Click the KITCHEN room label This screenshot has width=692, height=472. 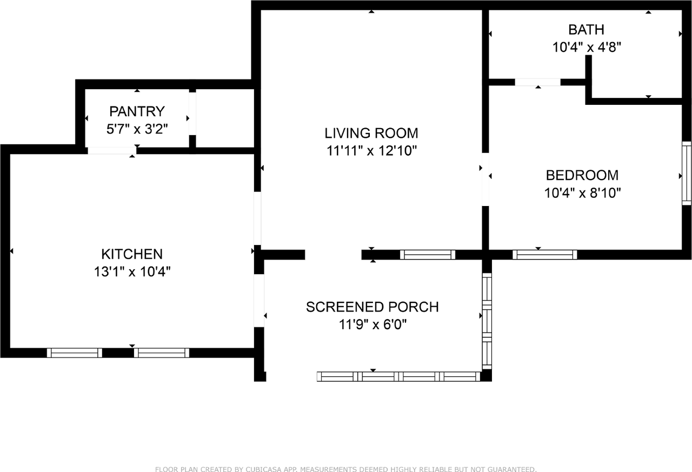132,254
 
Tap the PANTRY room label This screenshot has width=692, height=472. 137,111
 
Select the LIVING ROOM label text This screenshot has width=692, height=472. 371,133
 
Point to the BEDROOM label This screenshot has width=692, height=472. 582,175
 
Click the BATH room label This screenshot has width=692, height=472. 586,29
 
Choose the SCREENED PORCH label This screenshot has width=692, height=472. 372,307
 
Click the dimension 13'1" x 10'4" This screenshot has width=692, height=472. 132,271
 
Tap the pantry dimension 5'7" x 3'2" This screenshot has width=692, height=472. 137,129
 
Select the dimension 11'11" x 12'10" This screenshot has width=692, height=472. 371,151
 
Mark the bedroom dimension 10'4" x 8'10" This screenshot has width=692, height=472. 582,193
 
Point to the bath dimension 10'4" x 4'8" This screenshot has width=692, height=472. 586,47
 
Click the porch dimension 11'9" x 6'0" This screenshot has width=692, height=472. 372,324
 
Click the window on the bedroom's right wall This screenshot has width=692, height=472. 687,173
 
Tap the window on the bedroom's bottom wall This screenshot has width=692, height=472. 544,255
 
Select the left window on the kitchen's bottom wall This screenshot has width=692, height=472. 74,353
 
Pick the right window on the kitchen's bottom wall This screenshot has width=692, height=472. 162,353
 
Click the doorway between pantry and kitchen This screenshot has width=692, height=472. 111,150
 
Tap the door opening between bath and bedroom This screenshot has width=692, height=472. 537,82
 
